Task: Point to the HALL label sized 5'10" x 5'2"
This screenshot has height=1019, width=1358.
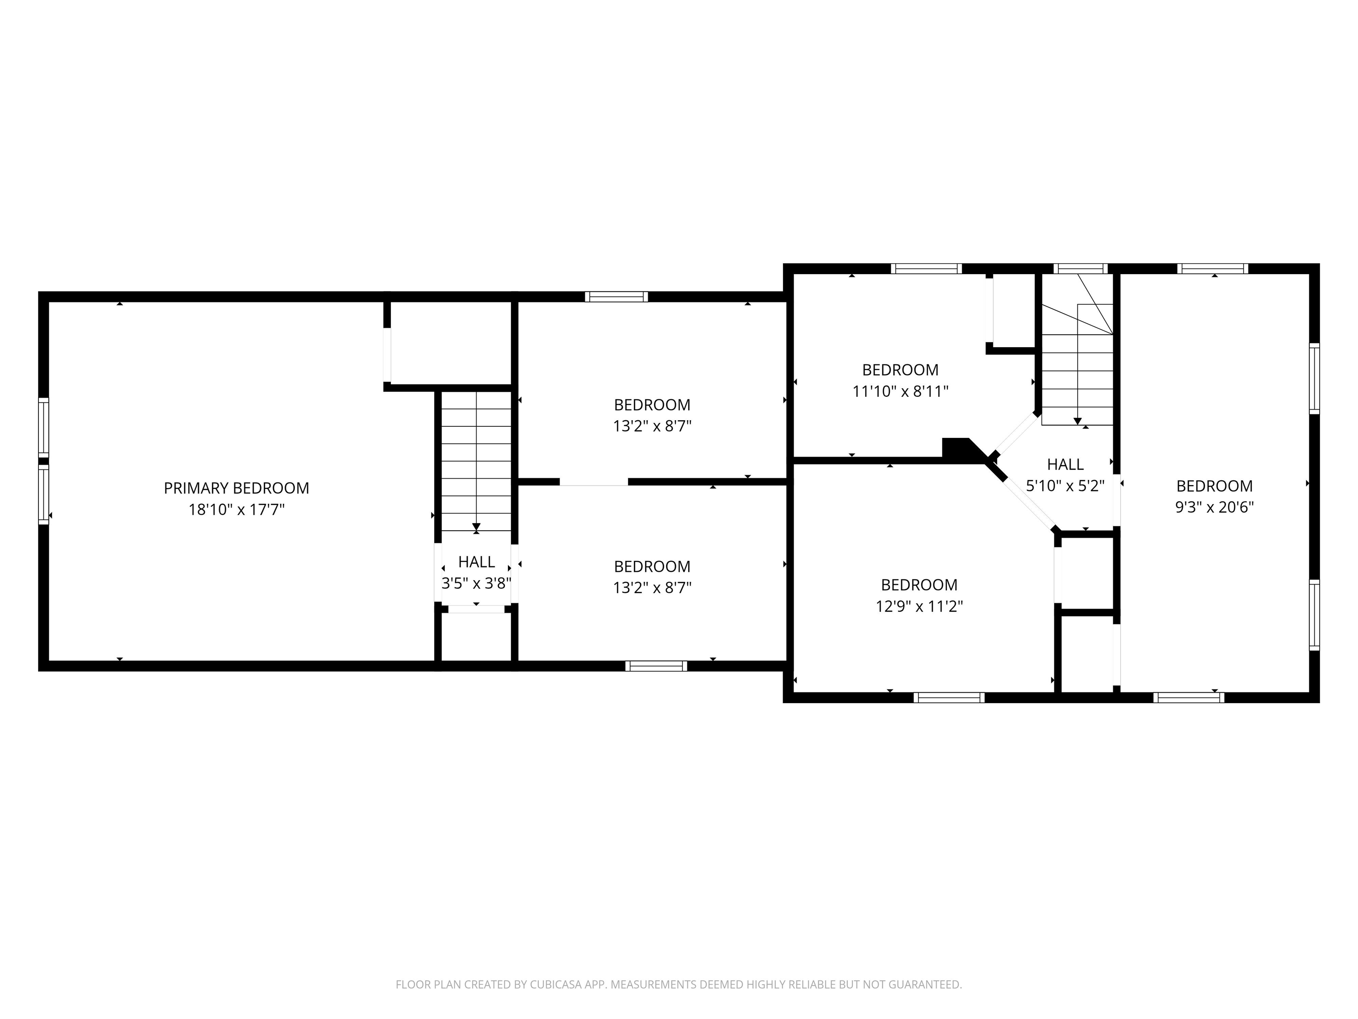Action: (x=1065, y=464)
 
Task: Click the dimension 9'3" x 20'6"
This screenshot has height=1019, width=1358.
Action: (x=1214, y=507)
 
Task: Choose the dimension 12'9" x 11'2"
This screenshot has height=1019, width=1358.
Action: (x=919, y=606)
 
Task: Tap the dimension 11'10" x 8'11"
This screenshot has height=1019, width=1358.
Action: (x=900, y=391)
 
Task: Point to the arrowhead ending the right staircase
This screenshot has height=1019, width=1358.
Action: (x=1077, y=421)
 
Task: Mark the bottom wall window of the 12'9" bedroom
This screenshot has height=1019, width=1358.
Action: (x=949, y=697)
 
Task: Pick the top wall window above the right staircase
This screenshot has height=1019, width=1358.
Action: (x=1080, y=268)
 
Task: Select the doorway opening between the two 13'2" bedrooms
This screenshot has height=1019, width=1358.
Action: (x=594, y=482)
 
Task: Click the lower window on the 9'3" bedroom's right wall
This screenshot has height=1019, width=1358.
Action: (x=1314, y=614)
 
